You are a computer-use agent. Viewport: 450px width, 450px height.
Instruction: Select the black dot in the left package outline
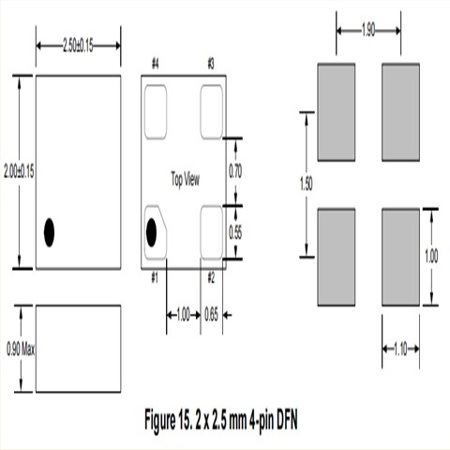(50, 231)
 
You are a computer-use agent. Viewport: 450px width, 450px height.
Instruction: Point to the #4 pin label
(155, 64)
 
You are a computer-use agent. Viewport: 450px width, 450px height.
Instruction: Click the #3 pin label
(211, 64)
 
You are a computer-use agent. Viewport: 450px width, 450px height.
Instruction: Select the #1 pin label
(155, 277)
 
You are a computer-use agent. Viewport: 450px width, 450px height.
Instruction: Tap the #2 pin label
(211, 277)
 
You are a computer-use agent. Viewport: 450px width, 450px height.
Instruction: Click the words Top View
(184, 177)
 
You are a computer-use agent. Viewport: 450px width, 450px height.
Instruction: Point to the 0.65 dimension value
(213, 315)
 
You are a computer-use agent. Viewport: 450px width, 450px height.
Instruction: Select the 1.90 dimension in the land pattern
(368, 31)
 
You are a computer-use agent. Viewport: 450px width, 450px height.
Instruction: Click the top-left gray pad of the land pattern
(337, 112)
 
